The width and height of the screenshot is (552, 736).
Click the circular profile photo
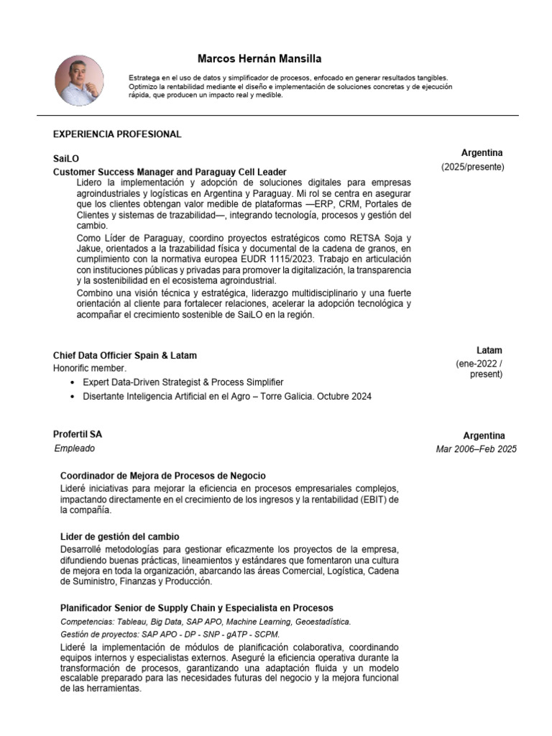click(80, 80)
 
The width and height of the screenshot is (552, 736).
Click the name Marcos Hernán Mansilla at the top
click(249, 59)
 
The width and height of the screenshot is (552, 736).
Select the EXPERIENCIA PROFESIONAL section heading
click(117, 134)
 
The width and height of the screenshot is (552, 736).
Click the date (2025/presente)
click(472, 167)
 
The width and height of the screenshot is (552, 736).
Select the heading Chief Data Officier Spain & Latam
click(124, 356)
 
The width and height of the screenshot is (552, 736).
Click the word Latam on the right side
click(489, 351)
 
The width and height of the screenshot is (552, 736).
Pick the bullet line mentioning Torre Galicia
click(227, 397)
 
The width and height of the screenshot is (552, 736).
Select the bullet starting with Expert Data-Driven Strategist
click(183, 382)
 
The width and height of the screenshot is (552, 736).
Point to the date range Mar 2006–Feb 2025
click(476, 449)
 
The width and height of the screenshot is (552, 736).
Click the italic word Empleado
click(75, 448)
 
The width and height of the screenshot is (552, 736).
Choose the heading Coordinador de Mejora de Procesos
click(162, 476)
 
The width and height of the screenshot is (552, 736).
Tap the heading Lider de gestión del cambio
click(119, 537)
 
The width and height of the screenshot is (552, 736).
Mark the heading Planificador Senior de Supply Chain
click(196, 608)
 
